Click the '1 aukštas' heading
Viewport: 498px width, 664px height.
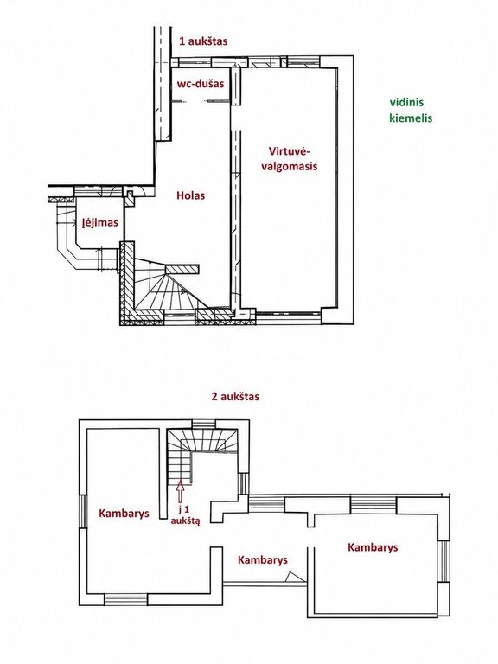pyautogui.click(x=203, y=41)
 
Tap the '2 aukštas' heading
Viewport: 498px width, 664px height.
pyautogui.click(x=235, y=397)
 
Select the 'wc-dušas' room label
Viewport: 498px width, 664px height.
pyautogui.click(x=201, y=83)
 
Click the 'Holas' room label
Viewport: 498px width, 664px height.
pyautogui.click(x=190, y=195)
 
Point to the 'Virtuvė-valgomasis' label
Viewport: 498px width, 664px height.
pyautogui.click(x=290, y=158)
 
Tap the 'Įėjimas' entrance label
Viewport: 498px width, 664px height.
pyautogui.click(x=100, y=222)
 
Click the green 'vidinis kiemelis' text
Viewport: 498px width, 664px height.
pyautogui.click(x=411, y=110)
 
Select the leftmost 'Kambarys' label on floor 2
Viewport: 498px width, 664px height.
pyautogui.click(x=124, y=514)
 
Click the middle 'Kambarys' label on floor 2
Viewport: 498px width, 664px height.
pyautogui.click(x=263, y=560)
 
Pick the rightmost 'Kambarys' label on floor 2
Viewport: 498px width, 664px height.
pyautogui.click(x=373, y=547)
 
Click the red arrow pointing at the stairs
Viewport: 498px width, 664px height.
pyautogui.click(x=181, y=490)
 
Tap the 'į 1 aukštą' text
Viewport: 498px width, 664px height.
pyautogui.click(x=185, y=515)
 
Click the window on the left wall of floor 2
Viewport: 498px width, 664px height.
pyautogui.click(x=83, y=511)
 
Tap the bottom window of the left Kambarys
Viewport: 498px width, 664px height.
pyautogui.click(x=125, y=599)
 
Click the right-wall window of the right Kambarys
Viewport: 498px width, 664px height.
pyautogui.click(x=444, y=560)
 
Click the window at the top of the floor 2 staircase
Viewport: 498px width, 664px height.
pyautogui.click(x=204, y=425)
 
